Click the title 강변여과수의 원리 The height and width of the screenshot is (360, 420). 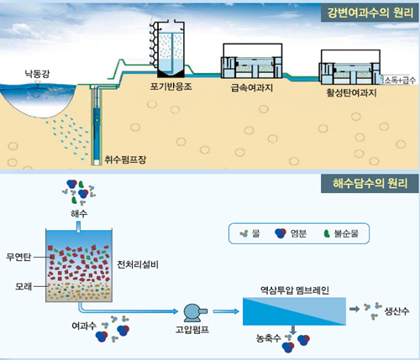(x=370, y=13)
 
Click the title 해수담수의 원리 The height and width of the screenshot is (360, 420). (x=370, y=183)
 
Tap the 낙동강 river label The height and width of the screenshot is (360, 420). (x=37, y=74)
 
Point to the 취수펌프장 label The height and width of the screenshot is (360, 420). (x=125, y=159)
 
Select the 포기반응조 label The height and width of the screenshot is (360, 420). (x=171, y=86)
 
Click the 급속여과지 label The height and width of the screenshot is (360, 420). (x=252, y=87)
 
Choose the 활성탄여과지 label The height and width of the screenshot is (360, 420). (x=351, y=92)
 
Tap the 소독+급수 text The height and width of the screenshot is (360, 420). (x=400, y=81)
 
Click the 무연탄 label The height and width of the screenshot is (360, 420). (x=18, y=257)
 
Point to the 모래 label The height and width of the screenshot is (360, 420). (x=24, y=286)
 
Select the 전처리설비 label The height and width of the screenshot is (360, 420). (x=138, y=264)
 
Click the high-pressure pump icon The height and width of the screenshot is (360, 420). (x=195, y=312)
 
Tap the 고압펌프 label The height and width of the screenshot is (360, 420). (x=192, y=330)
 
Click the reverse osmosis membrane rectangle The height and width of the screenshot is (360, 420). (x=294, y=311)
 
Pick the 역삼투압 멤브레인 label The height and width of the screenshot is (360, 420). (x=294, y=290)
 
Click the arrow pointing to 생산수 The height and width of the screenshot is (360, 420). (x=354, y=309)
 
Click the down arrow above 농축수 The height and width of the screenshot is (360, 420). (x=293, y=330)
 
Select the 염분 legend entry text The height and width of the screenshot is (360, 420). (x=298, y=233)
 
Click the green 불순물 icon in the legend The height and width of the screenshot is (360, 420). (x=327, y=233)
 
